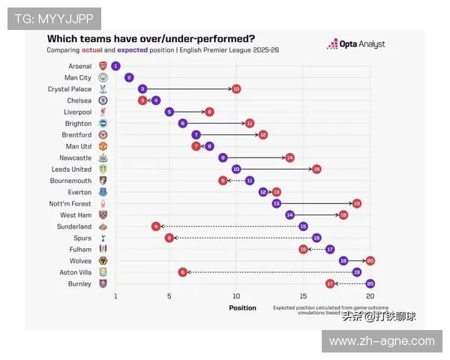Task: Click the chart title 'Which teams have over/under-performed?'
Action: pyautogui.click(x=151, y=38)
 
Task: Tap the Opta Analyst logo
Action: pyautogui.click(x=355, y=44)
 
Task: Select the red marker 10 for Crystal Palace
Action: pyautogui.click(x=236, y=88)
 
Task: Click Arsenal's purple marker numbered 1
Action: pyautogui.click(x=115, y=66)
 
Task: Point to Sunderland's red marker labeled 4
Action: pyautogui.click(x=156, y=226)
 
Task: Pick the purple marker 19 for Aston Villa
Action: pyautogui.click(x=356, y=272)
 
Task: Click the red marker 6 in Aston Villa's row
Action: pyautogui.click(x=182, y=272)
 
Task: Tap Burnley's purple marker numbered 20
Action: pyautogui.click(x=370, y=283)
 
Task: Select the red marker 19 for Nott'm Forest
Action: pyautogui.click(x=356, y=203)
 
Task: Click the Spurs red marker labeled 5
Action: pyautogui.click(x=169, y=238)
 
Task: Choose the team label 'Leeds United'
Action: pyautogui.click(x=71, y=169)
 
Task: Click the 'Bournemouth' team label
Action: pyautogui.click(x=70, y=181)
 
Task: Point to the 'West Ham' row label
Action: pyautogui.click(x=76, y=215)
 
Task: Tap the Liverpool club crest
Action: pyautogui.click(x=103, y=112)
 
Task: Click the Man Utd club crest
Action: pyautogui.click(x=103, y=146)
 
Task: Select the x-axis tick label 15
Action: pyautogui.click(x=303, y=297)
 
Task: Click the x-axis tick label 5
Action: pyautogui.click(x=169, y=297)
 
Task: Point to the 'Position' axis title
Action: pyautogui.click(x=242, y=307)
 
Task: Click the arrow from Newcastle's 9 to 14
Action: pyautogui.click(x=256, y=157)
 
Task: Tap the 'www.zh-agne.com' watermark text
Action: pyautogui.click(x=381, y=341)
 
